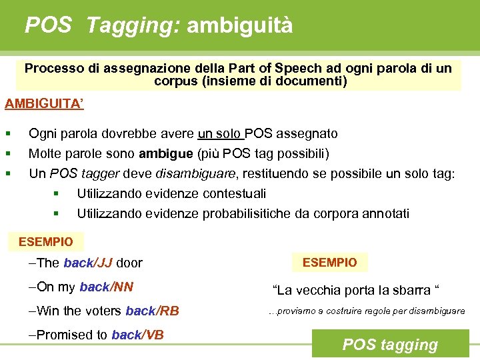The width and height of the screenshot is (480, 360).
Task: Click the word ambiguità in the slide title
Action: click(240, 26)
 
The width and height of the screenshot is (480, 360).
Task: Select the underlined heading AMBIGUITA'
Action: click(44, 105)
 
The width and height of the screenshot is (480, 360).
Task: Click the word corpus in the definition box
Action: click(175, 81)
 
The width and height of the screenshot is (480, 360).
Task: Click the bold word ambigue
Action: click(167, 154)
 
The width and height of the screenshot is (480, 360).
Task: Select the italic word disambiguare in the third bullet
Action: click(195, 174)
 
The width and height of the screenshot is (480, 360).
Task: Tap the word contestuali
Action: click(232, 194)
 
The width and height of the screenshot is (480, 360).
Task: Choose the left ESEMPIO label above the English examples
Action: click(46, 241)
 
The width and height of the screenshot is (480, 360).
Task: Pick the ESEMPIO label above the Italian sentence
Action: click(330, 262)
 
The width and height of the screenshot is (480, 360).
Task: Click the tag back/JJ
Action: click(87, 263)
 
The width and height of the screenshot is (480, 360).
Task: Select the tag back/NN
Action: click(106, 287)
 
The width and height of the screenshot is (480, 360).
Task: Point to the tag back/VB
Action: click(137, 335)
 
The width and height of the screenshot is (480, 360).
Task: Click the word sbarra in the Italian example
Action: click(411, 290)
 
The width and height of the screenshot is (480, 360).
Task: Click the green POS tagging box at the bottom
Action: click(390, 345)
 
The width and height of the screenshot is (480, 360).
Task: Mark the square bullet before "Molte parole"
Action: click(8, 154)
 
